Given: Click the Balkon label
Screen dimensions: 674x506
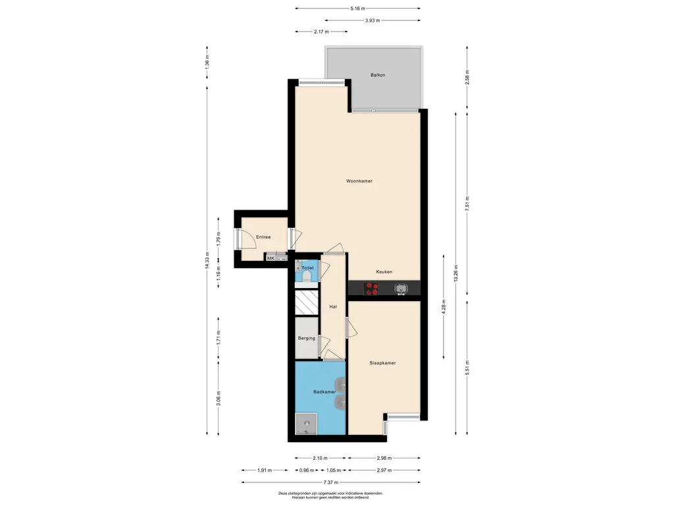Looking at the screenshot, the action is pyautogui.click(x=378, y=75).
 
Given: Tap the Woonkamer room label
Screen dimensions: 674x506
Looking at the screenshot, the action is pyautogui.click(x=359, y=181).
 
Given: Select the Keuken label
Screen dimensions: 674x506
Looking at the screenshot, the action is pyautogui.click(x=384, y=272).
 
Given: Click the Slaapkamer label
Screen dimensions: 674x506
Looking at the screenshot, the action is pyautogui.click(x=382, y=363).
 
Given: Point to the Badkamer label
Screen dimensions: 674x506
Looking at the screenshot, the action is pyautogui.click(x=324, y=392).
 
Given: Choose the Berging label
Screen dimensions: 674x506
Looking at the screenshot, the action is pyautogui.click(x=307, y=338).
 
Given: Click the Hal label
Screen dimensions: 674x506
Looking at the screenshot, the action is pyautogui.click(x=332, y=307).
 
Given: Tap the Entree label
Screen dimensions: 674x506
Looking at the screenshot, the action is pyautogui.click(x=263, y=237).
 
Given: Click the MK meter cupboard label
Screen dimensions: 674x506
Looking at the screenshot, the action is pyautogui.click(x=271, y=258).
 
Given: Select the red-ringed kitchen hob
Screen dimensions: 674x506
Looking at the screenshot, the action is pyautogui.click(x=371, y=289).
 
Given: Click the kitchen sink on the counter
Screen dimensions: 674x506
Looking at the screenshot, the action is pyautogui.click(x=401, y=289).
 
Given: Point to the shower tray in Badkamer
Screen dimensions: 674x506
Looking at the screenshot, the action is pyautogui.click(x=307, y=424).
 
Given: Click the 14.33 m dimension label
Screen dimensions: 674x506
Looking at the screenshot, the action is pyautogui.click(x=207, y=260).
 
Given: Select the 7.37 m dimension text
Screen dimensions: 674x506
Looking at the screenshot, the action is pyautogui.click(x=331, y=482).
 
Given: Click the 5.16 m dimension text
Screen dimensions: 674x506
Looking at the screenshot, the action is pyautogui.click(x=357, y=8).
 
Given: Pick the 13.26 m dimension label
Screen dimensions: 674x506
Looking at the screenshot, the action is pyautogui.click(x=455, y=273).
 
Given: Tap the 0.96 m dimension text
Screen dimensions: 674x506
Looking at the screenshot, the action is pyautogui.click(x=307, y=470).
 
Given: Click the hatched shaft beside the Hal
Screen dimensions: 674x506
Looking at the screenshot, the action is pyautogui.click(x=307, y=302).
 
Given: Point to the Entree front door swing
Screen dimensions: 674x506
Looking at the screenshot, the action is pyautogui.click(x=247, y=239).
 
